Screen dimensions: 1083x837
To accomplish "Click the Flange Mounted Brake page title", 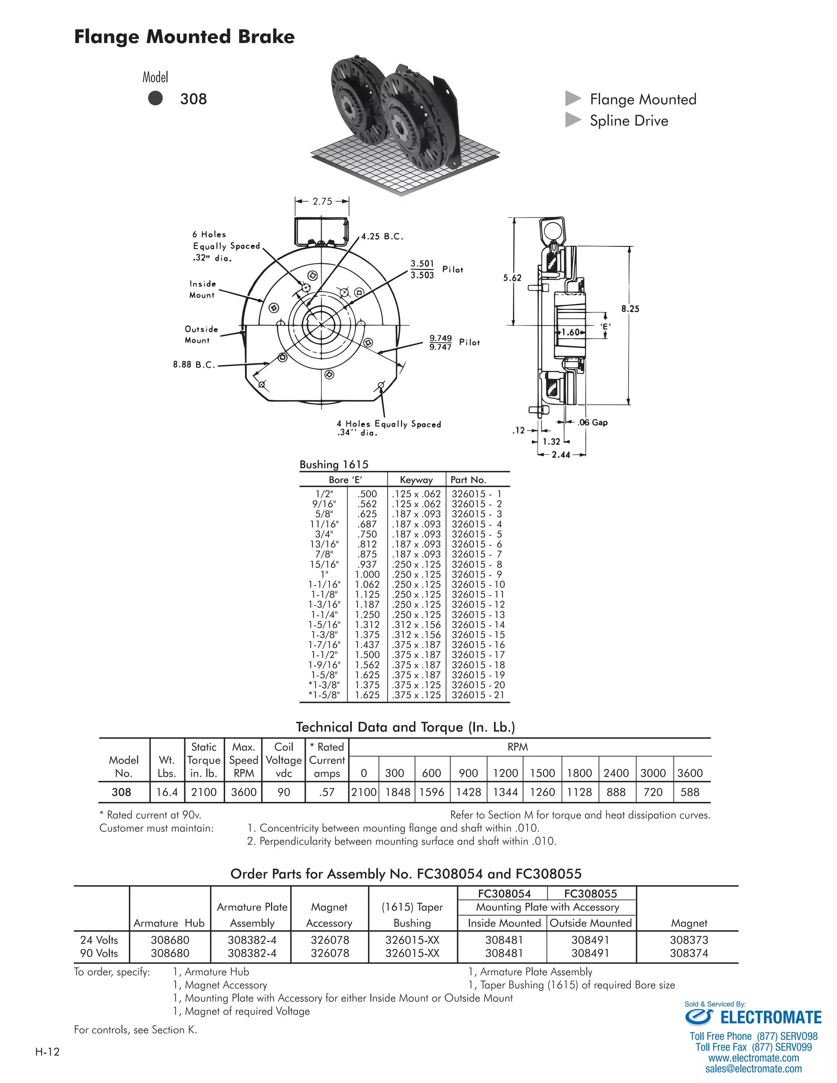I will [x=184, y=37].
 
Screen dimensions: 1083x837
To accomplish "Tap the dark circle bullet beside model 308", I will [x=155, y=98].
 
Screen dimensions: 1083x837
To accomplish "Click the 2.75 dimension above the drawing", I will [x=322, y=201].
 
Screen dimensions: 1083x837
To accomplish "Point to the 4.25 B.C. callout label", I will [x=382, y=237].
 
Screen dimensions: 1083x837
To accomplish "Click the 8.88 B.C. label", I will [x=194, y=365].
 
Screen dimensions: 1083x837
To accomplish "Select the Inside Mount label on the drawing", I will [x=202, y=289].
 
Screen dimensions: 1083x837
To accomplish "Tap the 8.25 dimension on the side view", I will [x=630, y=309].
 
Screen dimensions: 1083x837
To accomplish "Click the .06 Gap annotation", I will [x=593, y=423].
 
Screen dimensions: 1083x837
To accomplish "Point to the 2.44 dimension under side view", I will [x=561, y=455].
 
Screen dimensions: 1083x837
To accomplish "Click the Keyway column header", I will [x=416, y=479].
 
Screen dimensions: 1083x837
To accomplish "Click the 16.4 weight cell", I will [x=167, y=792].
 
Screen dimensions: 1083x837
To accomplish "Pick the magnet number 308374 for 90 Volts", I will [x=689, y=953].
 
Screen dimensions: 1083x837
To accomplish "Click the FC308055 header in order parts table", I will [x=590, y=893].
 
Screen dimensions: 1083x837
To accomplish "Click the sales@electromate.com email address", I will [x=753, y=1069].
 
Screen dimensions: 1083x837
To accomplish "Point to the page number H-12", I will [x=47, y=1052].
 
